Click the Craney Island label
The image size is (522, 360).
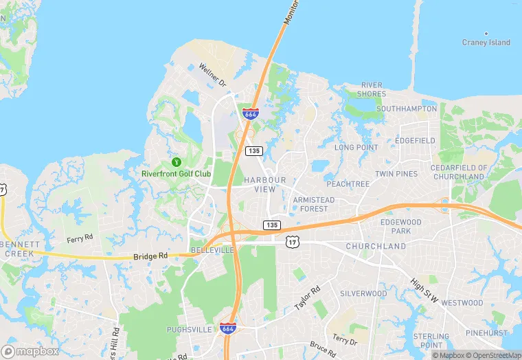(x=486, y=43)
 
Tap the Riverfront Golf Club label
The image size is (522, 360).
(x=176, y=174)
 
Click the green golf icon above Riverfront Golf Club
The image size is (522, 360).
(x=176, y=162)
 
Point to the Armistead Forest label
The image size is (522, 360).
(x=315, y=204)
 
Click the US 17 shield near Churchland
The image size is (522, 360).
(x=293, y=240)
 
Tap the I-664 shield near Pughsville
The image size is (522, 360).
(x=229, y=328)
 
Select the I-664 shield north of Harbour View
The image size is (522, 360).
(x=250, y=113)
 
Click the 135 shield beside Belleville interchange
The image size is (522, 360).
(x=271, y=225)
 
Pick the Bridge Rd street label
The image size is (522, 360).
(x=150, y=256)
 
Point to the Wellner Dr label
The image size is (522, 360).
(x=212, y=74)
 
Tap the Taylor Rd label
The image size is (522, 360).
(x=308, y=297)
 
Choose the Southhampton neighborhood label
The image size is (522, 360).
(x=407, y=109)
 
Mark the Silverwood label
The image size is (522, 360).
(x=363, y=293)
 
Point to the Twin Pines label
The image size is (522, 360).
(x=396, y=174)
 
